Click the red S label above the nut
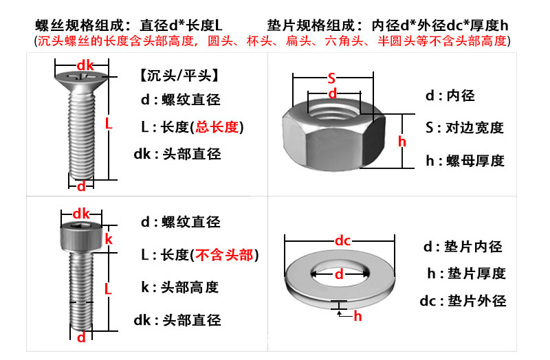click(331, 77)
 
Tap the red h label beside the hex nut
click(403, 142)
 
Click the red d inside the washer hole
click(339, 274)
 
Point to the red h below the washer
click(357, 317)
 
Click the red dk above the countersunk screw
click(85, 65)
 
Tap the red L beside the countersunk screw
click(109, 124)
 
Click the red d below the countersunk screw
click(81, 186)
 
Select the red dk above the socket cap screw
click(82, 212)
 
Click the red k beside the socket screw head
click(108, 239)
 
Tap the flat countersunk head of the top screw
click(82, 80)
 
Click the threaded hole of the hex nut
click(332, 111)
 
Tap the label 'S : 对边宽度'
click(465, 128)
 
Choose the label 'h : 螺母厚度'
click(465, 161)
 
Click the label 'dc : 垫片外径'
click(463, 301)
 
